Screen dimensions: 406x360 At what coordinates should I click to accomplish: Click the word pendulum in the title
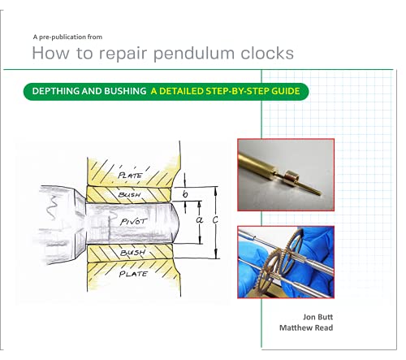point(194,54)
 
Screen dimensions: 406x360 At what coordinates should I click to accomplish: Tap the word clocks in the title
point(267,53)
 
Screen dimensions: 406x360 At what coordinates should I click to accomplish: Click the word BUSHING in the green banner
point(125,91)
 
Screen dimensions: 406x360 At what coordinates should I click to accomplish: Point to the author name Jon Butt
point(317,317)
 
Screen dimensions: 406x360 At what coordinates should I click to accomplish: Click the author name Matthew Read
point(306,327)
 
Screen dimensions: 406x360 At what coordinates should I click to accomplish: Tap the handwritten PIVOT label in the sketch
point(134,222)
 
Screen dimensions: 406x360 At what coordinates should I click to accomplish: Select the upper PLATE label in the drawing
point(130,176)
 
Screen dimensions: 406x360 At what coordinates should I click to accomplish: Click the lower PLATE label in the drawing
point(133,274)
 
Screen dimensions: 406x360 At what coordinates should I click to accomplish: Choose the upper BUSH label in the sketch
point(129,194)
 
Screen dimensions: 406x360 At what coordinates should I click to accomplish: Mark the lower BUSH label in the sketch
point(133,253)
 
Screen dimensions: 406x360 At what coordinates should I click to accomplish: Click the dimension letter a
point(200,220)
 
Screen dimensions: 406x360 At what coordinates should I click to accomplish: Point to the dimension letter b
point(185,193)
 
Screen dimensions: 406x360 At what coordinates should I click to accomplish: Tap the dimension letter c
point(215,220)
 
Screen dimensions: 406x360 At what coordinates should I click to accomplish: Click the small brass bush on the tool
point(292,176)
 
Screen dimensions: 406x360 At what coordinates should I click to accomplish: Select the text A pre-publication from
point(67,37)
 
